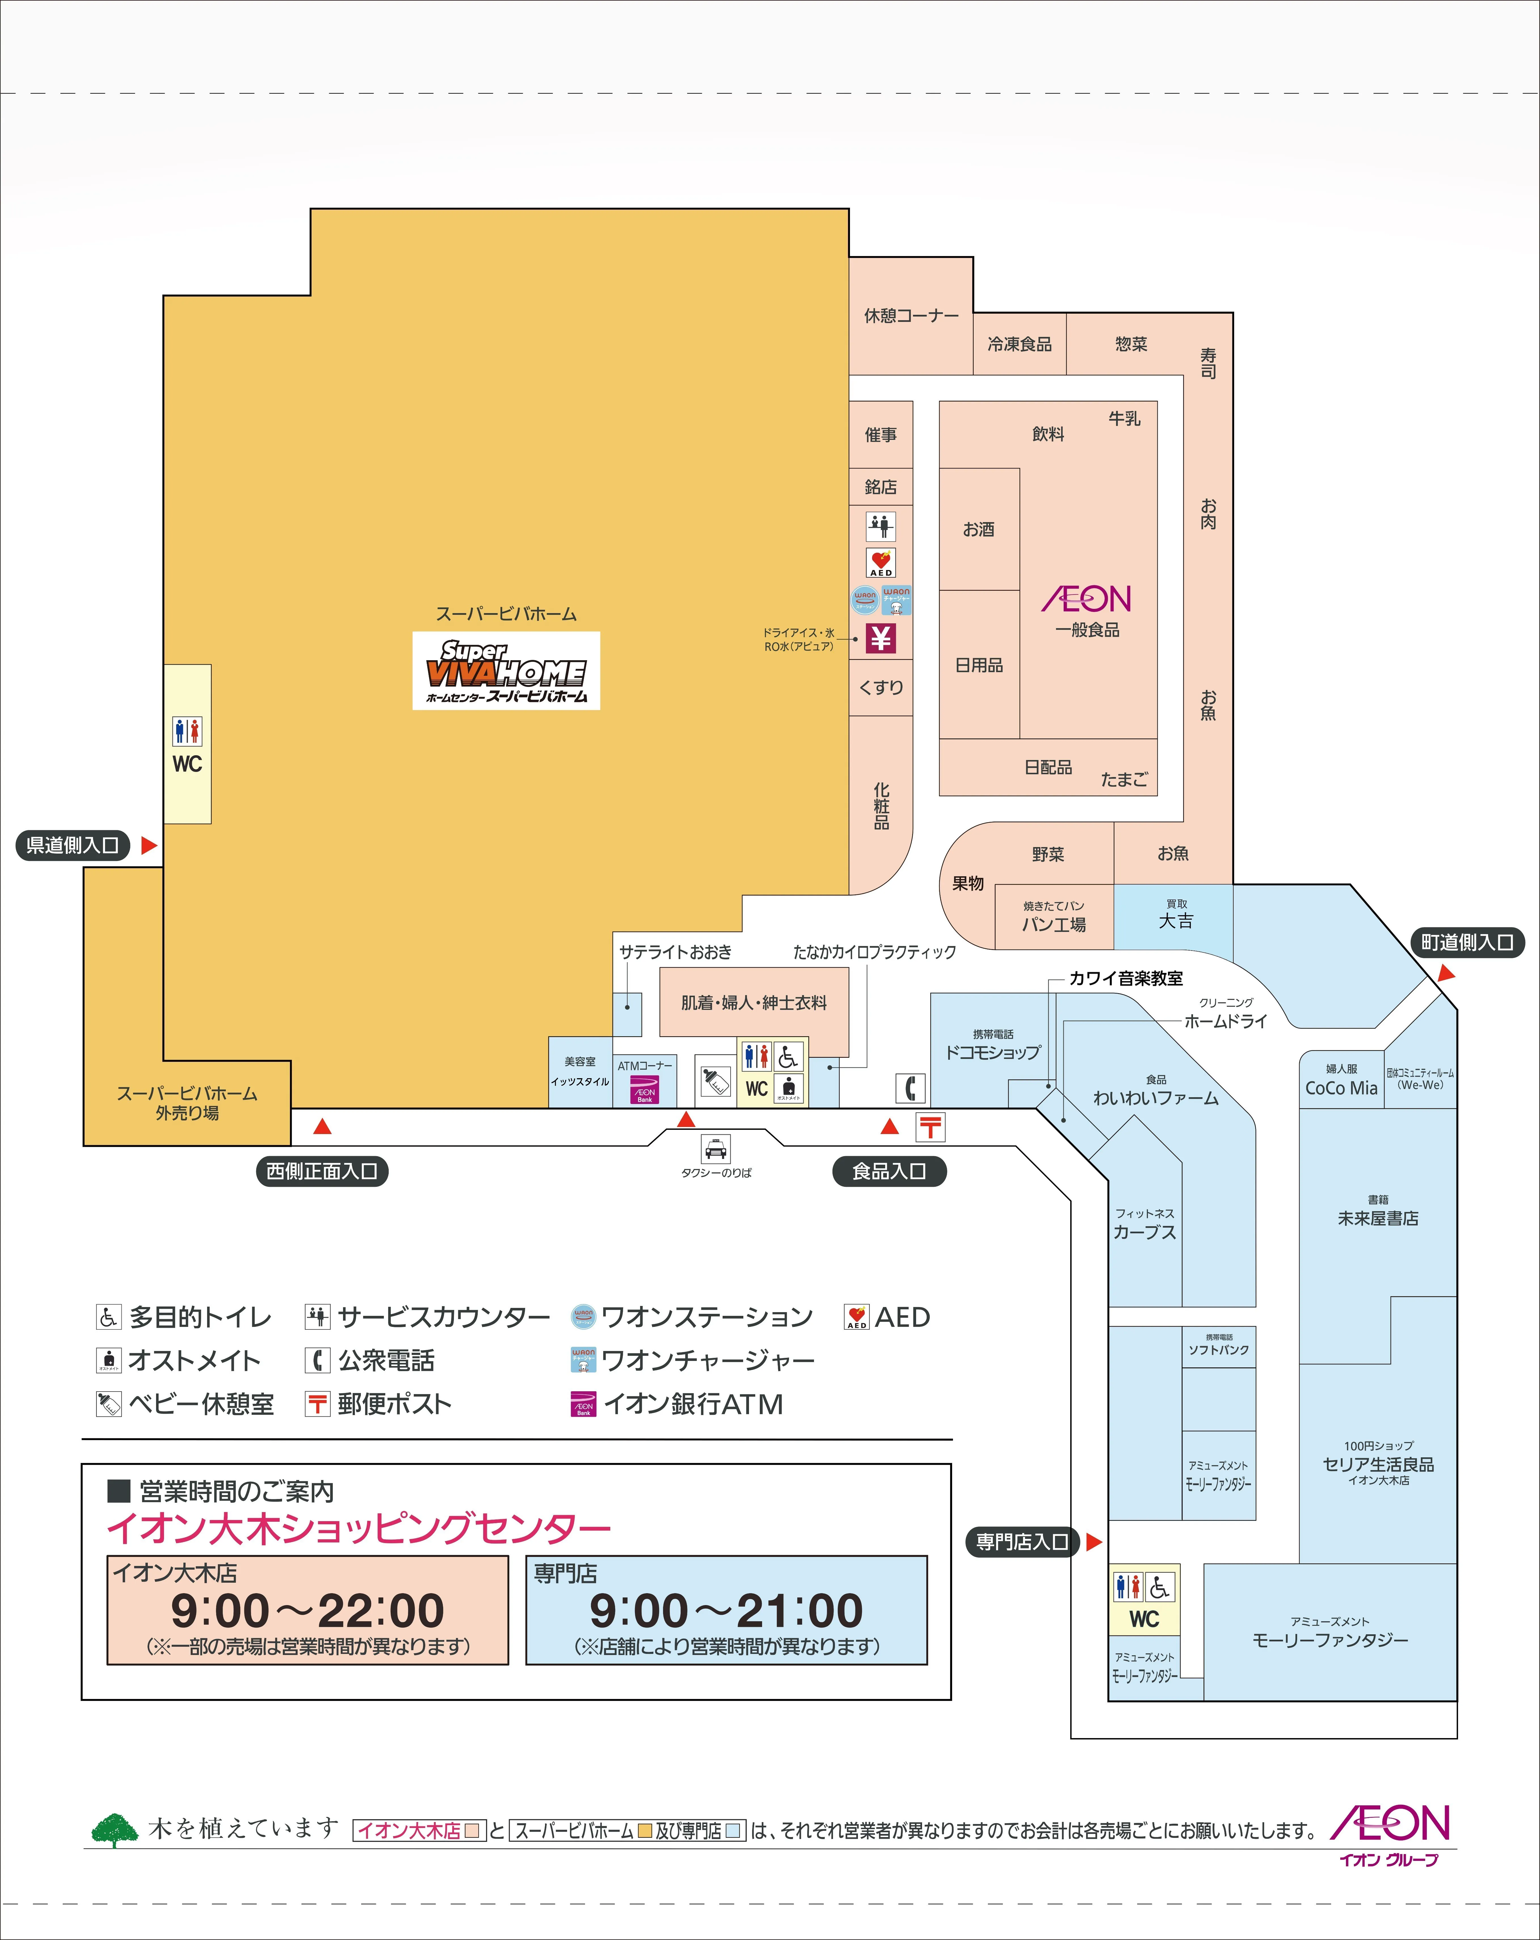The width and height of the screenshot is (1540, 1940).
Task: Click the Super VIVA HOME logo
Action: [506, 670]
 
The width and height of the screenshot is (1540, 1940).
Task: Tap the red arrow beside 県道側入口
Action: [150, 845]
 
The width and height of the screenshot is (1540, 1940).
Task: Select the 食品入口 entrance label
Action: [889, 1171]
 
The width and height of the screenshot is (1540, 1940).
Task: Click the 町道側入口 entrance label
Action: [1467, 942]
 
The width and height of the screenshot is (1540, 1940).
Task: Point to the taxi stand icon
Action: [716, 1149]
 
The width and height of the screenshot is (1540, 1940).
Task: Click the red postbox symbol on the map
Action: [931, 1127]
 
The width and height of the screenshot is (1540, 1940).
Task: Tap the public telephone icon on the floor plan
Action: [910, 1088]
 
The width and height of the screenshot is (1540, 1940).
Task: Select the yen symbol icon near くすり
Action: [881, 638]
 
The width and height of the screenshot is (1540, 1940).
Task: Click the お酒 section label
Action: [979, 529]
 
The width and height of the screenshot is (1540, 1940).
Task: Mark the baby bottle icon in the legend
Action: [108, 1404]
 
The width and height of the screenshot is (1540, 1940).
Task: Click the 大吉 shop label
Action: [1175, 921]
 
